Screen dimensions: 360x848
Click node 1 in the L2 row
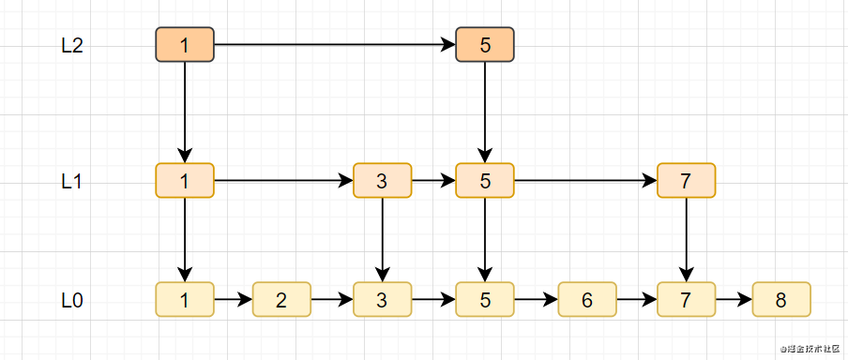tap(185, 45)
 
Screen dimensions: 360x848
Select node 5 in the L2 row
tap(484, 45)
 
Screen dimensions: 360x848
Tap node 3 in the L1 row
tap(382, 181)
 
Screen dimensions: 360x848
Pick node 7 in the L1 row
tap(686, 181)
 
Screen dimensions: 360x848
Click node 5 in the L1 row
tap(484, 181)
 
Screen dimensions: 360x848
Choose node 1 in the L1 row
tap(185, 181)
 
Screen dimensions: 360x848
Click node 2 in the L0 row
tap(281, 300)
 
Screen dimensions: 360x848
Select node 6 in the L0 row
tap(587, 300)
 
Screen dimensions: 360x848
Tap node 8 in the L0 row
tap(780, 300)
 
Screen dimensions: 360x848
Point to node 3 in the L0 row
tap(382, 300)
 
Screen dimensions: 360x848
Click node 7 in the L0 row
tap(686, 300)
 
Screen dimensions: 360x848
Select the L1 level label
tap(72, 182)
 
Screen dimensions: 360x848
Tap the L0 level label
tap(72, 301)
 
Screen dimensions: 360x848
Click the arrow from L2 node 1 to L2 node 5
tap(334, 45)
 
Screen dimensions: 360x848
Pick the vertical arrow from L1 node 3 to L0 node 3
tap(382, 239)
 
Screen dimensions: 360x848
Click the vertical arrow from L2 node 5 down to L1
tap(484, 112)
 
